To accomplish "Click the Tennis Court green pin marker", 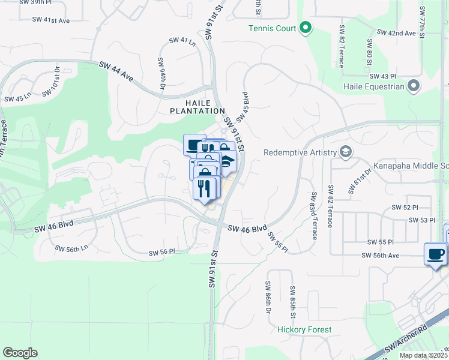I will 306,28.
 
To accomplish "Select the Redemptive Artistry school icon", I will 345,152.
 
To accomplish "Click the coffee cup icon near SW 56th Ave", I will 435,253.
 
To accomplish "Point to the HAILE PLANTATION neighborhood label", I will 197,106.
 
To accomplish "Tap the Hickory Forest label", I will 304,329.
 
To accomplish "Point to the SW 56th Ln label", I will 71,248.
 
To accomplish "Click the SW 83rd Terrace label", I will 313,215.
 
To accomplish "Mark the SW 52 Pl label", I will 405,207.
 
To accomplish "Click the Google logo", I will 20,353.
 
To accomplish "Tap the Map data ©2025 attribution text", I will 423,355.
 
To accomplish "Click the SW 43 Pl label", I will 384,76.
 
